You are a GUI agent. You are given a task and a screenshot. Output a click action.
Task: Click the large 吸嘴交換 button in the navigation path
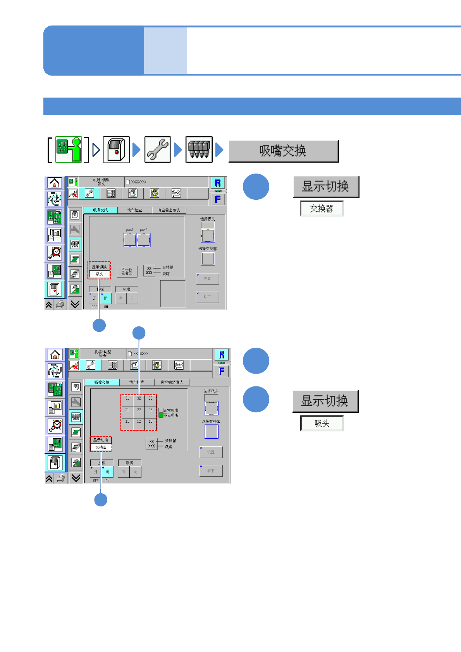[284, 151]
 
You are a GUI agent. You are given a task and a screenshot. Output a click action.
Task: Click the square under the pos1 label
[130, 240]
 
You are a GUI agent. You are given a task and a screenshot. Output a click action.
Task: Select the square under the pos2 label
[144, 240]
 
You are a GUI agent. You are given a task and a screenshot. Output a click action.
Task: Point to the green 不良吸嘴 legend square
[161, 415]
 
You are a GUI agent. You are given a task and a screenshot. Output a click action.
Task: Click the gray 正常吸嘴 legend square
[161, 410]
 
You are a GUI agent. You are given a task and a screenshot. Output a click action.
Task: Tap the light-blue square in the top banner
[165, 50]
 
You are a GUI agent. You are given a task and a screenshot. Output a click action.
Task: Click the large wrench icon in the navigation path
[158, 149]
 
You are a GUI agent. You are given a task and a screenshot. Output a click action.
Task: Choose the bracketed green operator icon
[69, 149]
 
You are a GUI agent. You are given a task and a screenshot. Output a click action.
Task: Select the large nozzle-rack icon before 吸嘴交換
[199, 149]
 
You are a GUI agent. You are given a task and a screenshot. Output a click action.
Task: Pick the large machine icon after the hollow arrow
[116, 149]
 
